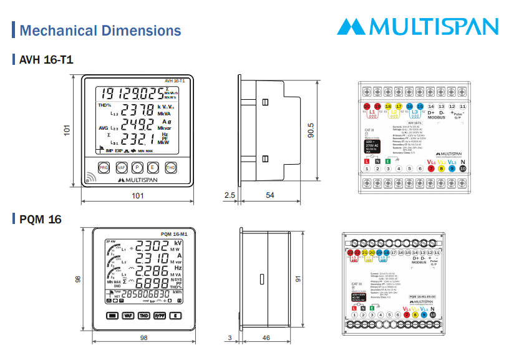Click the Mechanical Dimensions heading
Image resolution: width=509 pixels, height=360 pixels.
point(100,31)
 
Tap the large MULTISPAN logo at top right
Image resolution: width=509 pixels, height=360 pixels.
point(418,26)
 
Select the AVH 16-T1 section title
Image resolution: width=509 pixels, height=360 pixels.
point(47,61)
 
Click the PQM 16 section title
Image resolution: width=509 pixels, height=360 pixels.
point(41,219)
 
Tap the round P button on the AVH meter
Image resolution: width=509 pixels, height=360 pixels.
point(138,167)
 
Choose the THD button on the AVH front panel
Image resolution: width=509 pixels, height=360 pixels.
point(171,167)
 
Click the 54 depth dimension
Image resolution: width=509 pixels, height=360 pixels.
point(269,196)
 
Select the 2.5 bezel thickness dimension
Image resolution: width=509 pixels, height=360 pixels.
point(229,196)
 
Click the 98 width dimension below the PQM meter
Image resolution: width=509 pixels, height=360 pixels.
point(143,338)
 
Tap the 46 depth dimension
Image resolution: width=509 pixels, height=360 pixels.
point(266,338)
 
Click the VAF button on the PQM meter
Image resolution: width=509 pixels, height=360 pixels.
point(128,316)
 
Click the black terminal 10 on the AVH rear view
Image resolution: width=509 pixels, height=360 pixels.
point(462,168)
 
